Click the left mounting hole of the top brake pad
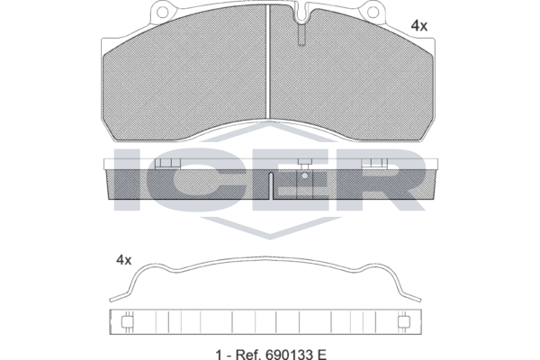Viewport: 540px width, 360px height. pyautogui.click(x=162, y=12)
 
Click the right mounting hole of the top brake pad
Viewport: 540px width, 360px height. pyautogui.click(x=373, y=12)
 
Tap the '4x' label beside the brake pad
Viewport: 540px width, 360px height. pyautogui.click(x=419, y=26)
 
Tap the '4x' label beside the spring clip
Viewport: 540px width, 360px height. pyautogui.click(x=124, y=260)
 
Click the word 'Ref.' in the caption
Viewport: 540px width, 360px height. pyautogui.click(x=248, y=354)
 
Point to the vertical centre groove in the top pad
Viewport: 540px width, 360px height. pyautogui.click(x=268, y=62)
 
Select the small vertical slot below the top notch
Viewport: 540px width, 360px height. pyautogui.click(x=301, y=34)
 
